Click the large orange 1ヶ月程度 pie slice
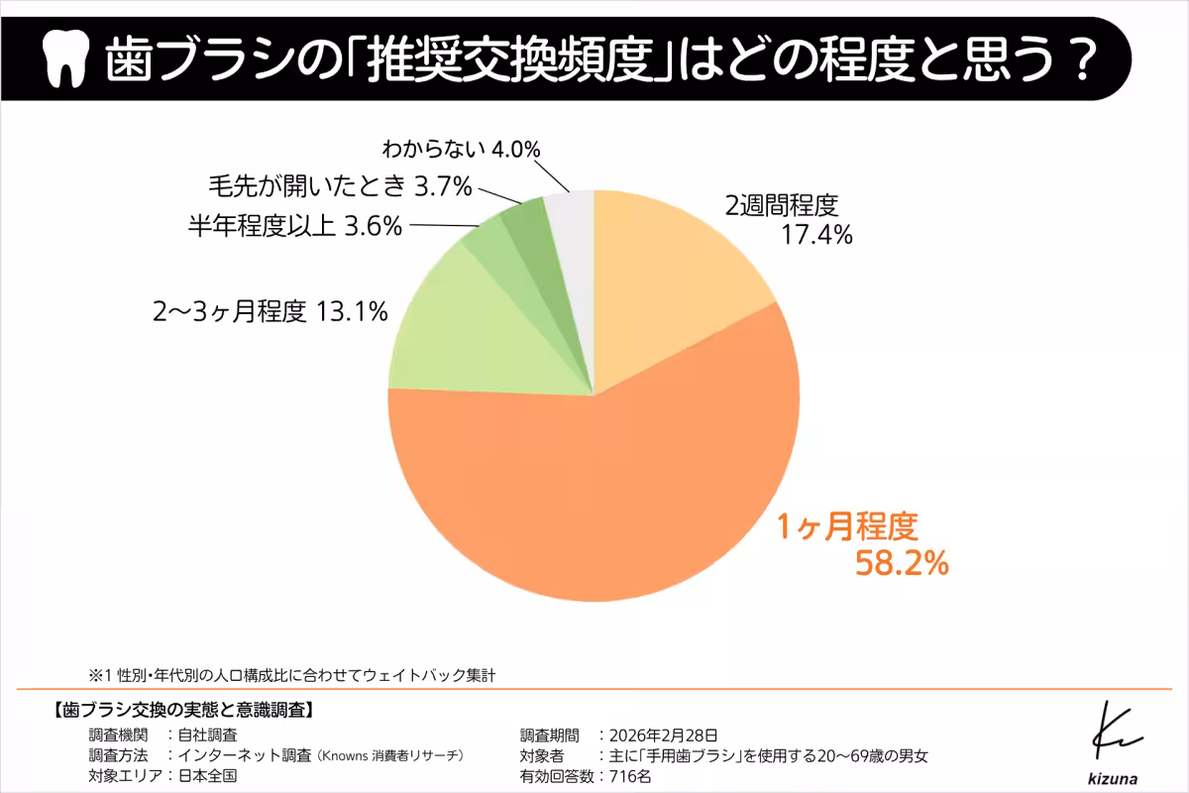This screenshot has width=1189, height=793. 594,496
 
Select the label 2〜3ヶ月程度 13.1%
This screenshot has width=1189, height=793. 269,312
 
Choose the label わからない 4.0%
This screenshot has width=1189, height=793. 461,150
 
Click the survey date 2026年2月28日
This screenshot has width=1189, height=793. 666,735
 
